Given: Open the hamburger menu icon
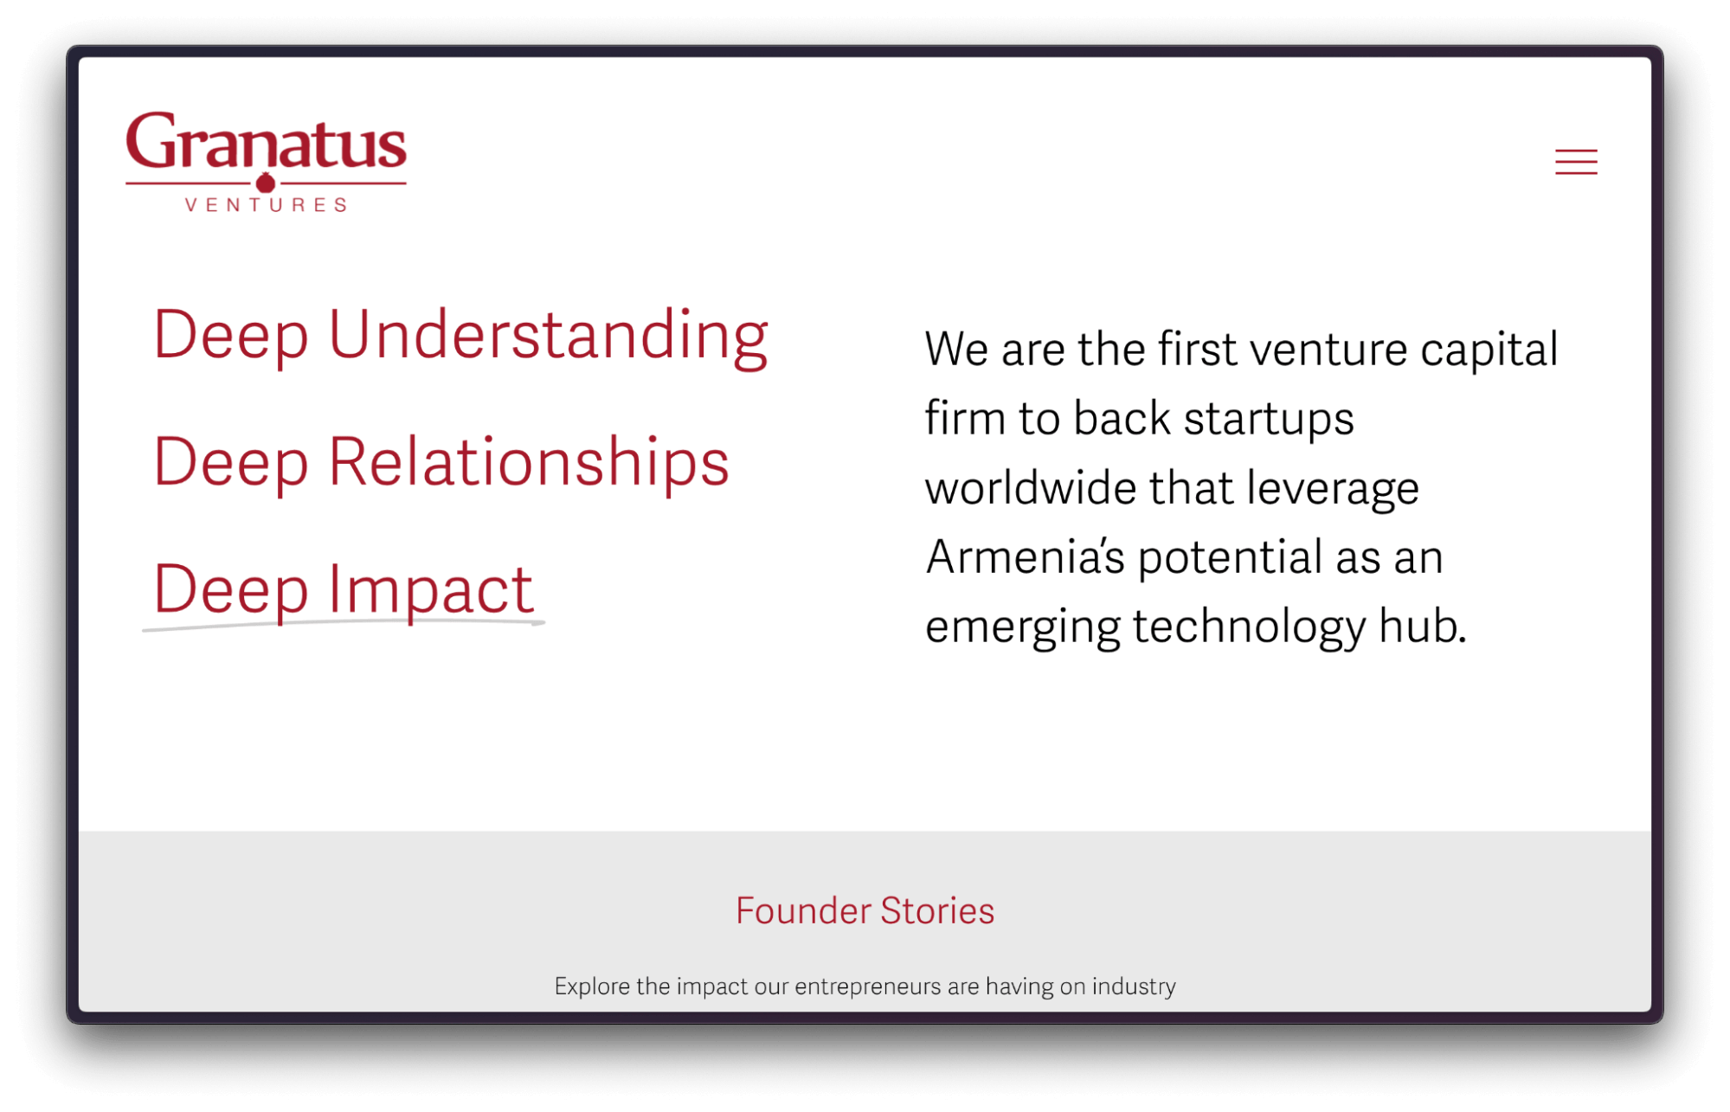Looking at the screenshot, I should [x=1575, y=162].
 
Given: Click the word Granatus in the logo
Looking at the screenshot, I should [x=266, y=143].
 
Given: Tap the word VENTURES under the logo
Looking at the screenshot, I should [x=266, y=205].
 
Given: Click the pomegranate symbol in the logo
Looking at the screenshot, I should [x=266, y=183].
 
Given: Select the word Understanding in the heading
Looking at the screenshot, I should [x=548, y=335].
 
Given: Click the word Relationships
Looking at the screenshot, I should [x=528, y=462].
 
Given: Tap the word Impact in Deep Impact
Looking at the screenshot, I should [x=430, y=589].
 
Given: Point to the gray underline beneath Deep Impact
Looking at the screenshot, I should [x=344, y=623].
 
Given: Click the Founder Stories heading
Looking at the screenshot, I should [x=865, y=910].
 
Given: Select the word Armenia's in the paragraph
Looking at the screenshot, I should [x=1025, y=556].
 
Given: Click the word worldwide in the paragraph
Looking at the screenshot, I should [x=1030, y=487].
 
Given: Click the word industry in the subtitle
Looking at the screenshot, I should [x=1133, y=987].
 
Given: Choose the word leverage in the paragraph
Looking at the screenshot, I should [x=1332, y=488].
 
